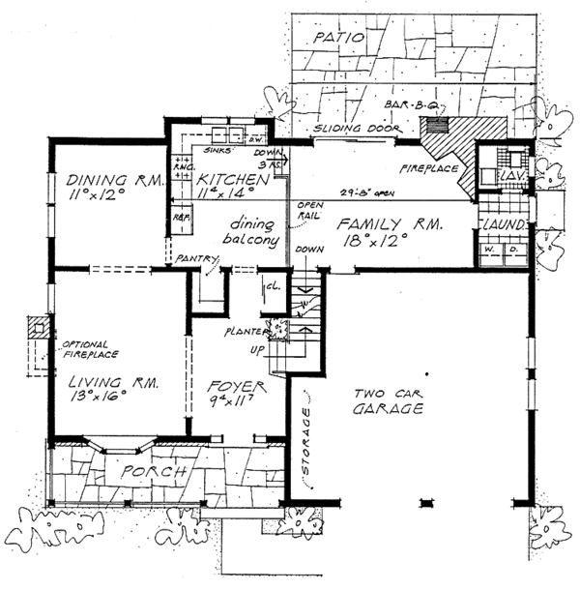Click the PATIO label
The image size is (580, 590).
pyautogui.click(x=337, y=38)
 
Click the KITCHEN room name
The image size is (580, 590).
pyautogui.click(x=232, y=181)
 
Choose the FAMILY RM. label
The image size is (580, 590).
pyautogui.click(x=391, y=225)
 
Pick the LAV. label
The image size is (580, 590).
pyautogui.click(x=508, y=178)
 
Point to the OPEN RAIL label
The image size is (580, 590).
pyautogui.click(x=309, y=210)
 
